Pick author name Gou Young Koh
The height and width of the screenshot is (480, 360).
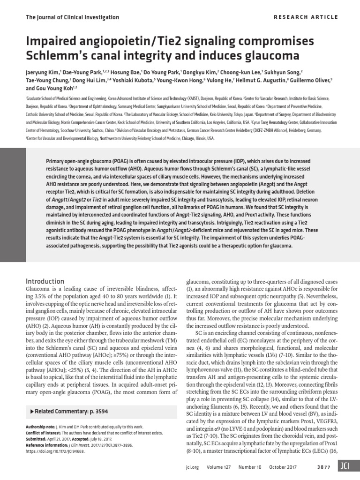coord(56,88)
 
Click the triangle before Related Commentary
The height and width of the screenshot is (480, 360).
coord(31,411)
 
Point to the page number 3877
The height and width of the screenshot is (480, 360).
coord(326,469)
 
